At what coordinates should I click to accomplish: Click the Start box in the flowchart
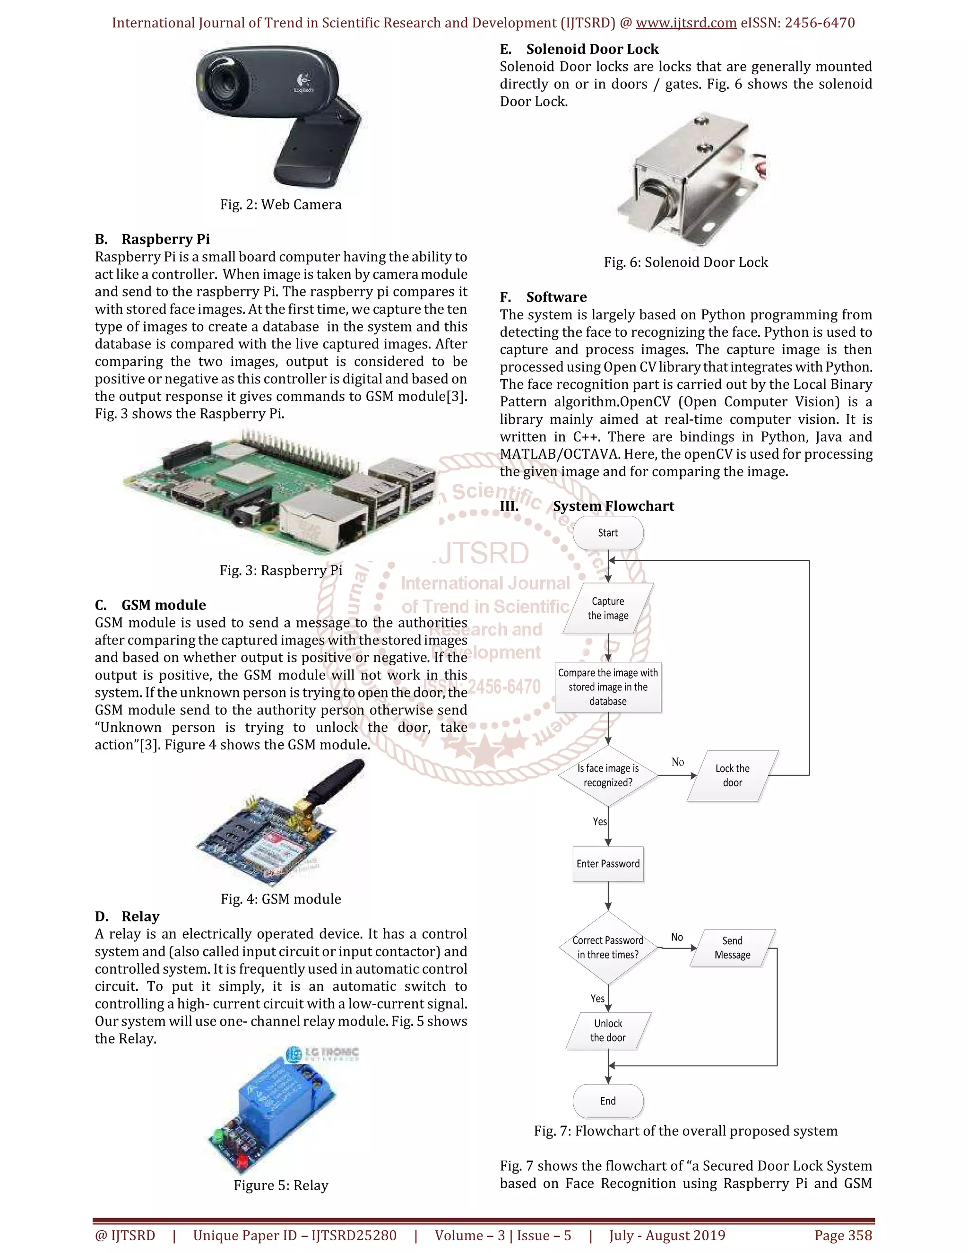[x=608, y=532]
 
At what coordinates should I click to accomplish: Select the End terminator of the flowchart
[x=608, y=1100]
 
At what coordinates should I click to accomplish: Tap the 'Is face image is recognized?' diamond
[x=608, y=775]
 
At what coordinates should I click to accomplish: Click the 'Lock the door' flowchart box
[x=732, y=775]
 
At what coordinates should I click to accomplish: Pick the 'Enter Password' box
[x=608, y=863]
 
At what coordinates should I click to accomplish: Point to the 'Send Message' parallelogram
[x=732, y=947]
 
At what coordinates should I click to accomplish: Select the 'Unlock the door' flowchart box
[x=608, y=1030]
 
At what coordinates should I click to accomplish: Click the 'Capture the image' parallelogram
[x=608, y=608]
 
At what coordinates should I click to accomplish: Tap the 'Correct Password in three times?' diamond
[x=608, y=947]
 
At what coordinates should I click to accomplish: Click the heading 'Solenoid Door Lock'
[x=592, y=49]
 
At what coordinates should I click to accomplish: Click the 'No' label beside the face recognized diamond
[x=677, y=762]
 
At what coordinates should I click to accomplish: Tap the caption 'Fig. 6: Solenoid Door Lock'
[x=685, y=262]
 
